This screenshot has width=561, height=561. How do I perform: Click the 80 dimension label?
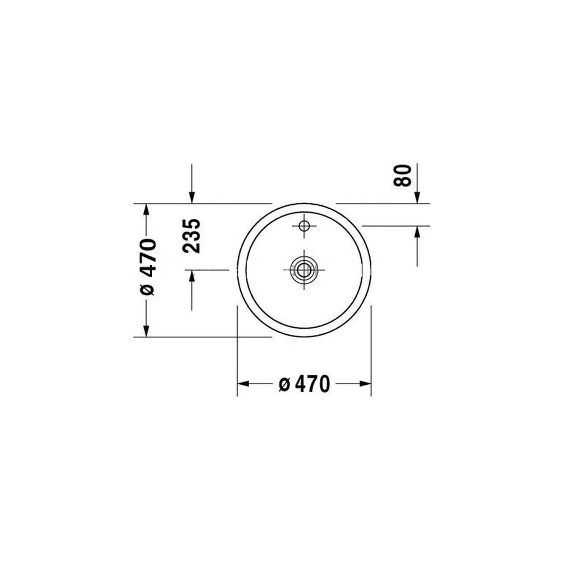pos(402,175)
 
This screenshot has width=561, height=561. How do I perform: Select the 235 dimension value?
pos(191,236)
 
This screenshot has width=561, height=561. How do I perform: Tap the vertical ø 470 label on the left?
pos(148,266)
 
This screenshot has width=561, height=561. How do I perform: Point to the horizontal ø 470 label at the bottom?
pos(304,384)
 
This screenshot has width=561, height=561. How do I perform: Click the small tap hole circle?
pos(304,226)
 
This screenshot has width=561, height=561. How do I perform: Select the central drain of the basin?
pos(304,269)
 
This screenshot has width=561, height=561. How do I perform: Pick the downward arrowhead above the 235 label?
pos(192,197)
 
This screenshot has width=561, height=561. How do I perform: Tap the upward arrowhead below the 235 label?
pos(192,276)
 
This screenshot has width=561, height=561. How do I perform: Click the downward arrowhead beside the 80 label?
pos(417,197)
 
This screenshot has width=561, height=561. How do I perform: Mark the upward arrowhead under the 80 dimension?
pos(417,232)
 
